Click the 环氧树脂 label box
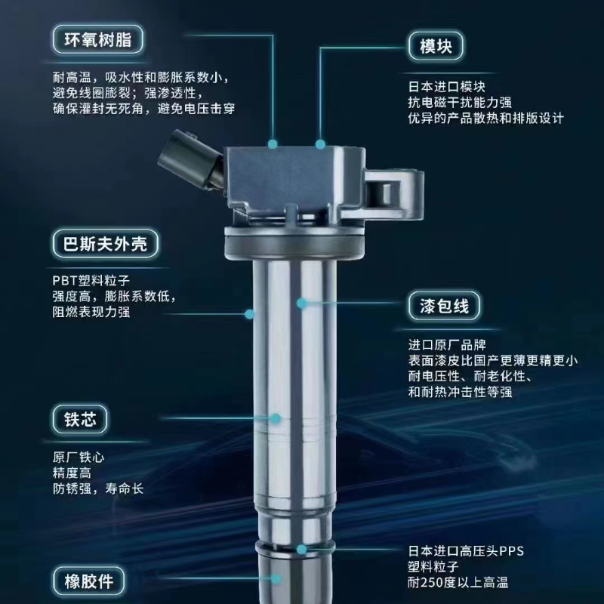pyautogui.click(x=99, y=39)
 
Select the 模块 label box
pyautogui.click(x=436, y=45)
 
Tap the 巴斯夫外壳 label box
pyautogui.click(x=106, y=243)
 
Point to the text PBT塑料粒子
pyautogui.click(x=86, y=279)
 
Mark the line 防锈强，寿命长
pyautogui.click(x=98, y=489)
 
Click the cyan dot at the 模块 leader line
pyautogui.click(x=321, y=143)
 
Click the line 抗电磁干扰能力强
pyautogui.click(x=460, y=102)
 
